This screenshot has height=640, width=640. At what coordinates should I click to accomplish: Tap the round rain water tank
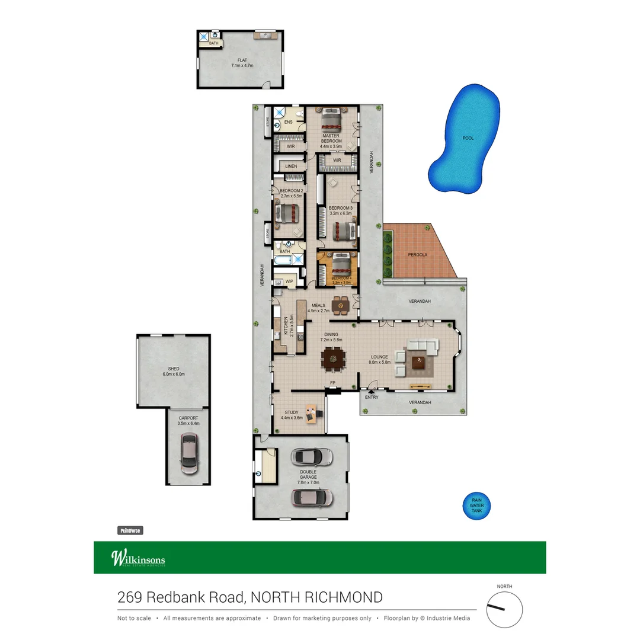[476, 505]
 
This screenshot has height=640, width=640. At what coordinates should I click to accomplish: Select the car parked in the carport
[189, 453]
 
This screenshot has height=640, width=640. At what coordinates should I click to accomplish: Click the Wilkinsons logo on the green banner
[138, 558]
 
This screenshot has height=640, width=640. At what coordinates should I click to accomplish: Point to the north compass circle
[504, 610]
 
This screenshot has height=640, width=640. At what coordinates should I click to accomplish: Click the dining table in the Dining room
[332, 357]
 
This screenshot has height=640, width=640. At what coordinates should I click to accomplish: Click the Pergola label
[417, 255]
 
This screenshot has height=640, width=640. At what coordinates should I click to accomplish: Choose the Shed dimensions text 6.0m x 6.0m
[174, 375]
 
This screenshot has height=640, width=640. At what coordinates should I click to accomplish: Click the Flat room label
[242, 60]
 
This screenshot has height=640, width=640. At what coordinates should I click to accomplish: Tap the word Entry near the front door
[372, 397]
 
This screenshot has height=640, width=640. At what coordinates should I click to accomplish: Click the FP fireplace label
[333, 384]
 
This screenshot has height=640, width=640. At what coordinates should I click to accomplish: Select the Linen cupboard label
[291, 167]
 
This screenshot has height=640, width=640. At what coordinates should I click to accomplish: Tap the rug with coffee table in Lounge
[420, 361]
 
